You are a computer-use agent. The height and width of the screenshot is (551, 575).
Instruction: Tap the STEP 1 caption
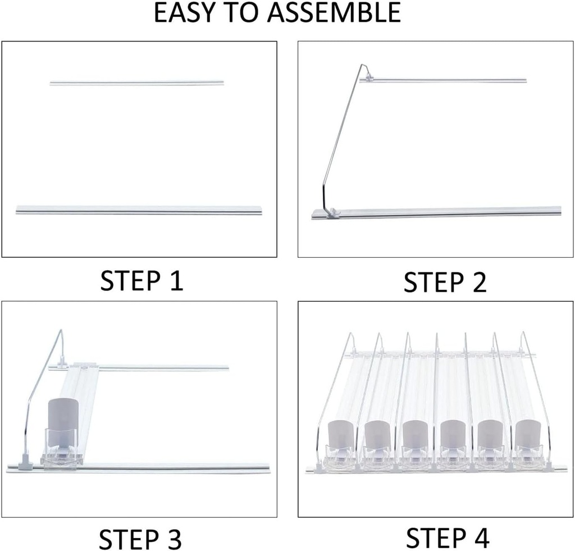pos(142,280)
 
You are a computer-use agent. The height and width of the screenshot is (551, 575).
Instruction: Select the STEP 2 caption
pos(445,282)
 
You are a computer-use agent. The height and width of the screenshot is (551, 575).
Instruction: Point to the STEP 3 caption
pos(140,539)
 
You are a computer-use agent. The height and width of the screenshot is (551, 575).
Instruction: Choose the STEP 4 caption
pos(447,538)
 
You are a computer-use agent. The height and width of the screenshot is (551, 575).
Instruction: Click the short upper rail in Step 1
pos(136,83)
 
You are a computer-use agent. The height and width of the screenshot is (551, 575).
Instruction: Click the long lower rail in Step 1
pos(139,210)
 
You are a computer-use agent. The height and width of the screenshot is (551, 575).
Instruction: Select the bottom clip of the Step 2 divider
pos(331,212)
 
